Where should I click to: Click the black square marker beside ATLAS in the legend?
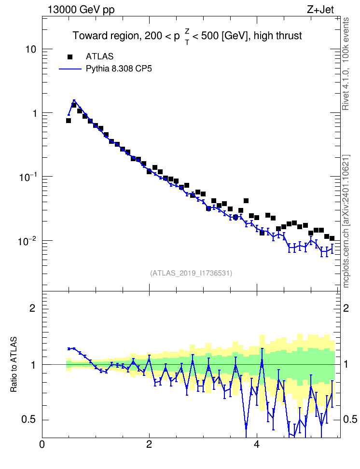tap(70, 57)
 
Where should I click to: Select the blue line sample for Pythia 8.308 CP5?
tap(70, 69)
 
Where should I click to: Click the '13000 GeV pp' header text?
tap(81, 10)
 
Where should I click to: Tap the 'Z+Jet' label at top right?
tap(320, 10)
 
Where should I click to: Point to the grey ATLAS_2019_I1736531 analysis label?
tap(191, 273)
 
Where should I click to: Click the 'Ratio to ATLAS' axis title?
tap(14, 364)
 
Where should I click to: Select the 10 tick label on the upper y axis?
tap(30, 49)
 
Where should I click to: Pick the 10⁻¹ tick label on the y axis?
tap(28, 177)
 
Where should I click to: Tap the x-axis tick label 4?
tap(256, 444)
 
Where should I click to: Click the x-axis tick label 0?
tap(42, 444)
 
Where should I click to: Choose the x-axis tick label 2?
tap(149, 444)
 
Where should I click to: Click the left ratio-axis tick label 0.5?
tap(28, 420)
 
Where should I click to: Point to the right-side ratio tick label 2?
tap(346, 308)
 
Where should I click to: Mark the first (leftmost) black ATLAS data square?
tap(69, 121)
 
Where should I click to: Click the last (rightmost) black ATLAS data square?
tap(332, 238)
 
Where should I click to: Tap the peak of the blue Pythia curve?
tap(74, 100)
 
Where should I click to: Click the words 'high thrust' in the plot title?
tap(277, 36)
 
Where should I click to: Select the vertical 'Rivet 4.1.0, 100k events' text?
tap(346, 64)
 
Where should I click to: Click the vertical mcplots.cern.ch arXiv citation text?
tap(346, 221)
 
